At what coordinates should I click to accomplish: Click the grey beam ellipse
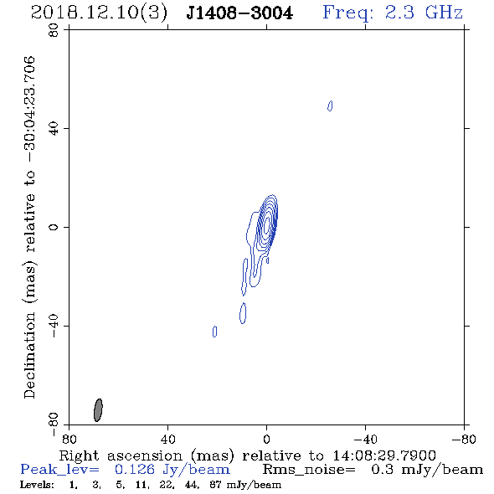98,410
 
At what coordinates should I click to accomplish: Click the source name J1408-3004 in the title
239,13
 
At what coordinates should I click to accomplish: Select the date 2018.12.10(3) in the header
99,13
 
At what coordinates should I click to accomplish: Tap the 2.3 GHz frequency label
424,13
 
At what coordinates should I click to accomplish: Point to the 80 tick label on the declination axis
54,30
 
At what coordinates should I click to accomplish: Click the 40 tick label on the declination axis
54,129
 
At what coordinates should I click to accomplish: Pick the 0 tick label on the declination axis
54,227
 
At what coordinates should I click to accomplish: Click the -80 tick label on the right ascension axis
463,439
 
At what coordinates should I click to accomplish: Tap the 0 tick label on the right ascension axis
266,439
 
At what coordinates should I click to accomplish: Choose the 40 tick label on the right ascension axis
167,439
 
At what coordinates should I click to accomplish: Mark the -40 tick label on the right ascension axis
365,439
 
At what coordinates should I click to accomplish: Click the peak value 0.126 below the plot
135,470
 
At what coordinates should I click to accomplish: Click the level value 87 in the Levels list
215,485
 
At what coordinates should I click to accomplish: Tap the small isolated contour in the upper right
330,105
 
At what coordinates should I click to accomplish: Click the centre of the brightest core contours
267,224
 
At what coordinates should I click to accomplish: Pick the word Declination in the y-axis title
29,355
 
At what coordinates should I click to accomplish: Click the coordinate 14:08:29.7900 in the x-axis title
384,455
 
